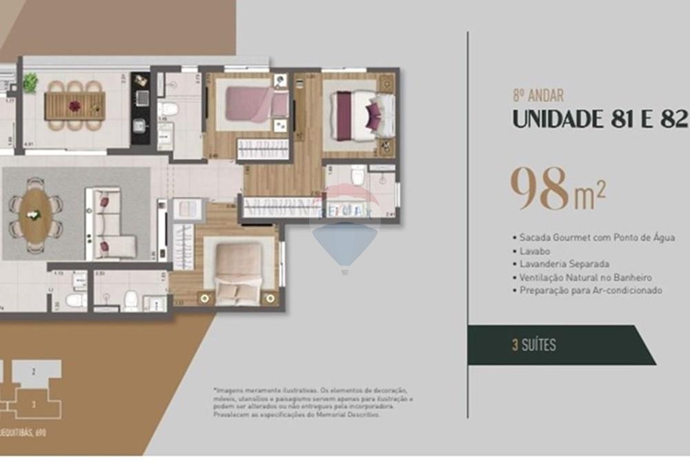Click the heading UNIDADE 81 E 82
[x=600, y=119]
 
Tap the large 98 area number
[x=540, y=189]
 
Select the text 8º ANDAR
[x=538, y=97]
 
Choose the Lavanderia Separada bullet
[x=560, y=264]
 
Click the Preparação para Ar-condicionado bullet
[x=587, y=290]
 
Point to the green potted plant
[x=30, y=83]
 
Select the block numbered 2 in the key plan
[x=32, y=371]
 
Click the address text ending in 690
[x=28, y=433]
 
